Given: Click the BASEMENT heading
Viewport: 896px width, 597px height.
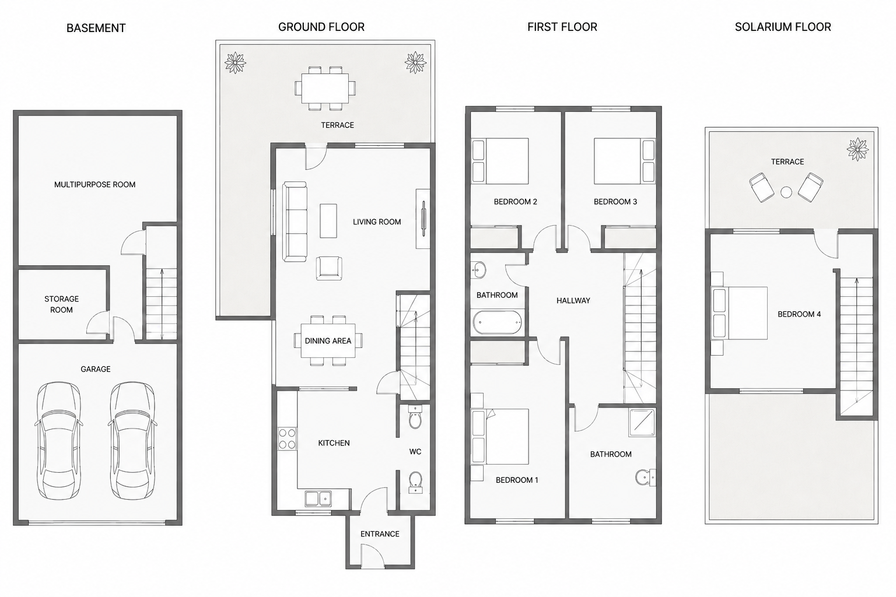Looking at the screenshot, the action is [96, 28].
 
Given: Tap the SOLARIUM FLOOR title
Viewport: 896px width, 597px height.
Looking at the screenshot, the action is [783, 27].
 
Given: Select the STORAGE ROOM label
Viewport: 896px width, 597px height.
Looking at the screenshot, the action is [62, 304].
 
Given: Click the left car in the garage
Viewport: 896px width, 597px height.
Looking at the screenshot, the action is [59, 441].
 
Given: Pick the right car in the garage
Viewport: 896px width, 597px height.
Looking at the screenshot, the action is [132, 441].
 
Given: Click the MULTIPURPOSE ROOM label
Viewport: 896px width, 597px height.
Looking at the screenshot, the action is [95, 185].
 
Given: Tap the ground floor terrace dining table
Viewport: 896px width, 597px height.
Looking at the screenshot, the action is [325, 89].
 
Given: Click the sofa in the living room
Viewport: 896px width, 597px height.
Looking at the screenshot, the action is [295, 222].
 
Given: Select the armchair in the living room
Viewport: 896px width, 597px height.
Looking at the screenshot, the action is [329, 268].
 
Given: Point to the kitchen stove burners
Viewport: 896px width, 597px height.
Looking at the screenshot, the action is [287, 438].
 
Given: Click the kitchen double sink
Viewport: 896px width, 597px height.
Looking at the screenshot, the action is [318, 498].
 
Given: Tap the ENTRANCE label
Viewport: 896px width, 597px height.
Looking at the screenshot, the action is [380, 534].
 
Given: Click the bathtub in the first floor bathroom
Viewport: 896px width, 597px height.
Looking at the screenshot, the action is [497, 322].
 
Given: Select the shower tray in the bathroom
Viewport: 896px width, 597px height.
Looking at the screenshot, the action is [642, 422].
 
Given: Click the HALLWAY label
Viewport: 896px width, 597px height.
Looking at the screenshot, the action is [573, 301].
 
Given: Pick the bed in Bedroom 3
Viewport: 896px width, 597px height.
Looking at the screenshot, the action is [624, 161].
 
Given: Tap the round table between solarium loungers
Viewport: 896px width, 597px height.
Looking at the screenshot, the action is [786, 192].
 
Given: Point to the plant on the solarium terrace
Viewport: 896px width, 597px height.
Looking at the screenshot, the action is [857, 149].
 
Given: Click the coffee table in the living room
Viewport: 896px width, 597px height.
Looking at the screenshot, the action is [328, 221].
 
